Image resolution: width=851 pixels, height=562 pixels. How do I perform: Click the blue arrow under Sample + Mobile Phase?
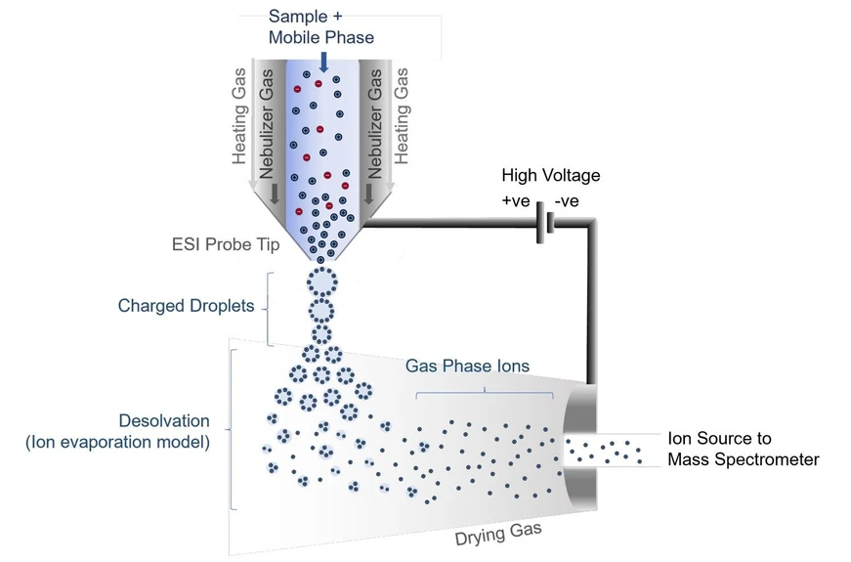point(323,61)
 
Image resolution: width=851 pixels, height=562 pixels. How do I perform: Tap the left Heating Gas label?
point(240,115)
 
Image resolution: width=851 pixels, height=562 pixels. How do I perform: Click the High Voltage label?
point(550,176)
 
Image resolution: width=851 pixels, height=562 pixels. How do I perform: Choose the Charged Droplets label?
point(186,306)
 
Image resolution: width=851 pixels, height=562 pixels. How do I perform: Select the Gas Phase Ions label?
point(467,366)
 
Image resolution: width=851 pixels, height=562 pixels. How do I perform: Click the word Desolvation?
point(164,421)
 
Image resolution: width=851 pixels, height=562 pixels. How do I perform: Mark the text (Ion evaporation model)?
point(117,444)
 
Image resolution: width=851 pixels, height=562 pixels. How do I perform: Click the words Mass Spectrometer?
point(743,458)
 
